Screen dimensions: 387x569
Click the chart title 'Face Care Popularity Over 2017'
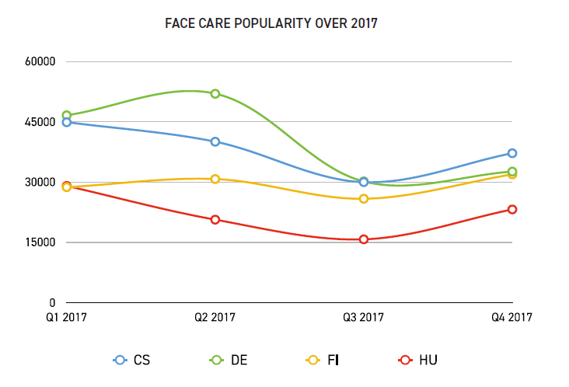tap(271, 23)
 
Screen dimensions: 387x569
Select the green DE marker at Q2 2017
tap(215, 93)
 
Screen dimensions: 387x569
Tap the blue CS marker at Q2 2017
tap(215, 141)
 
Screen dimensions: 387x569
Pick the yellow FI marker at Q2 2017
tap(215, 179)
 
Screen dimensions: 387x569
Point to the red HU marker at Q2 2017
tap(215, 219)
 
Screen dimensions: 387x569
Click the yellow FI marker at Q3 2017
tap(364, 199)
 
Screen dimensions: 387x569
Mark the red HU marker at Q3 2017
tap(364, 239)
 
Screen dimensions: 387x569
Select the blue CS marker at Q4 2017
tap(512, 153)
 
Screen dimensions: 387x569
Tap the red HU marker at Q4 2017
tap(512, 209)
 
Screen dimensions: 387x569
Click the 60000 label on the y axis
tap(41, 61)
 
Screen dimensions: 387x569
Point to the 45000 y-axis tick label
tap(41, 122)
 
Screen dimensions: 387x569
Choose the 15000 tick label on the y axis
tap(41, 242)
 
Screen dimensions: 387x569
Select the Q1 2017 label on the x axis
tap(67, 317)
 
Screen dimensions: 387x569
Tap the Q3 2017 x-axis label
tap(364, 317)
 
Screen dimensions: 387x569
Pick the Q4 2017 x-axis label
tap(511, 317)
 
